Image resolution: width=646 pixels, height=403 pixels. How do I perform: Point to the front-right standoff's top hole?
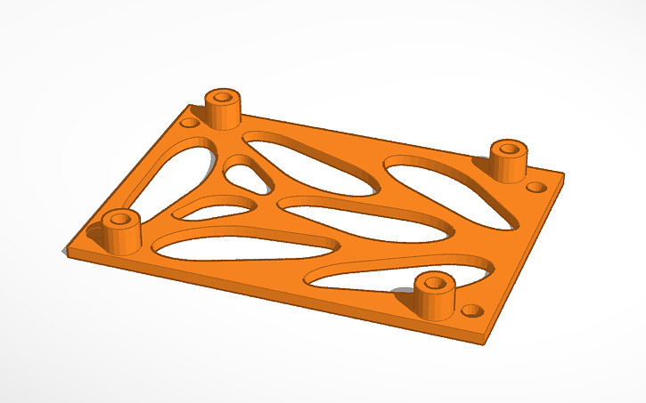point(435,282)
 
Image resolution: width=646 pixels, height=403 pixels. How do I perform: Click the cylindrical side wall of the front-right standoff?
point(435,303)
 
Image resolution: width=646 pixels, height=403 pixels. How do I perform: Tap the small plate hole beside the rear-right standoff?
point(536,188)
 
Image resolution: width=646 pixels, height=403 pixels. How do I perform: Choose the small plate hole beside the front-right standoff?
point(472,310)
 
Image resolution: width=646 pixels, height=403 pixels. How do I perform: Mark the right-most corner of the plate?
point(564,174)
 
